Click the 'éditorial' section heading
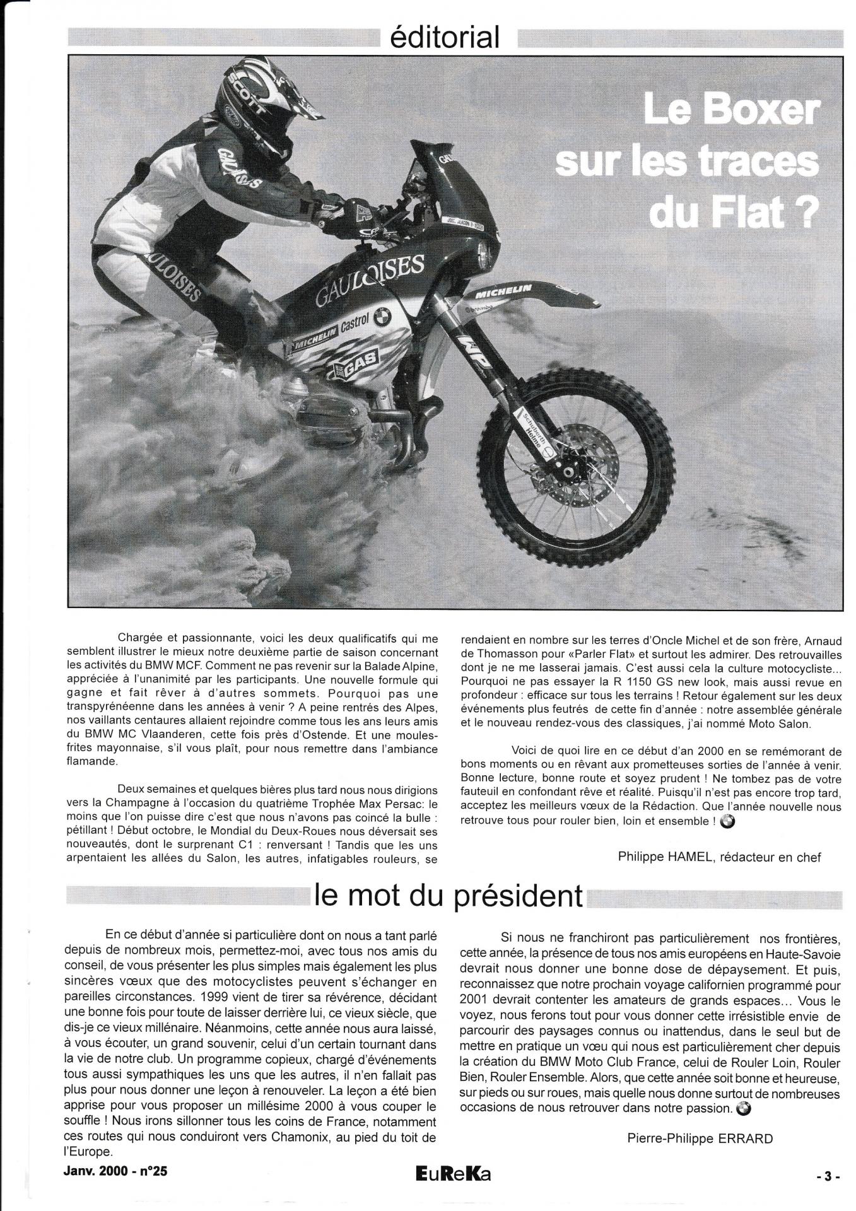pyautogui.click(x=445, y=37)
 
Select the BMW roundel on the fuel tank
pyautogui.click(x=380, y=318)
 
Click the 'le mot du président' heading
pyautogui.click(x=449, y=896)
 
